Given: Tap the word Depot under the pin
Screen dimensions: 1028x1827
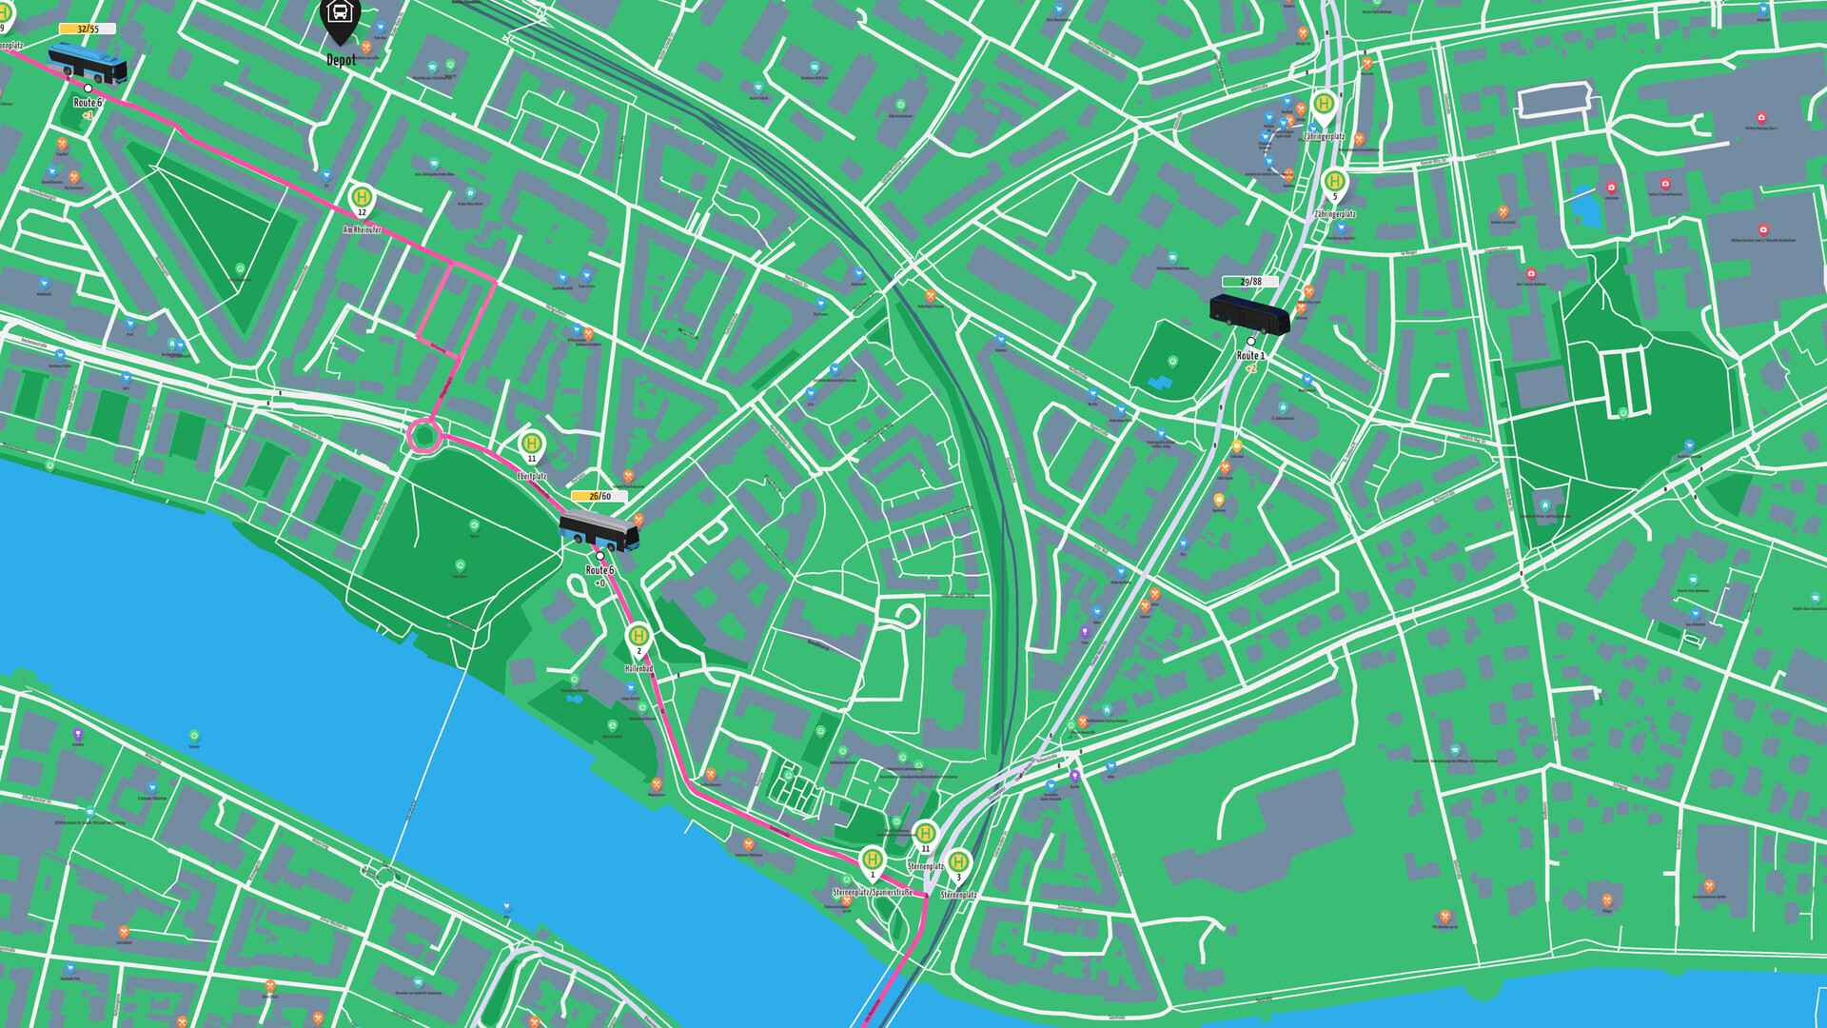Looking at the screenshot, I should (x=341, y=60).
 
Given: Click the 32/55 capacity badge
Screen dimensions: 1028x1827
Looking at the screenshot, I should (x=87, y=29).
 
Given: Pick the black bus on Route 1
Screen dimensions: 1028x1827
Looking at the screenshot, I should (x=1249, y=313).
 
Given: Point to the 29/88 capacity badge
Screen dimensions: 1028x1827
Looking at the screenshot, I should (x=1250, y=282).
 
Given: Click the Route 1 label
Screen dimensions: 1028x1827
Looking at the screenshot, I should (x=1250, y=355).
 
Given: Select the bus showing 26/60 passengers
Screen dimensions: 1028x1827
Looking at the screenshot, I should (x=599, y=531).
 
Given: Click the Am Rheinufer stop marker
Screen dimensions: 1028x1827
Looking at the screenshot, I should (x=362, y=198).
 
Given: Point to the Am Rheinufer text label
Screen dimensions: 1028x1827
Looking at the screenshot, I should (x=363, y=230).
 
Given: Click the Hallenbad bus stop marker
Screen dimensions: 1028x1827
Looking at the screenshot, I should (x=638, y=638).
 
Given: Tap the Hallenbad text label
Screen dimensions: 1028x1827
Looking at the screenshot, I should (x=639, y=669).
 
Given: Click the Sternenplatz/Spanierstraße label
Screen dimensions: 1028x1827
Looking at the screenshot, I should (x=873, y=893).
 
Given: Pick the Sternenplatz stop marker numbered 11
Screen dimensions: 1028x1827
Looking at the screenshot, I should (x=925, y=836).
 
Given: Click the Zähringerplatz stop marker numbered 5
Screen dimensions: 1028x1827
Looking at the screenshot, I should (x=1335, y=183).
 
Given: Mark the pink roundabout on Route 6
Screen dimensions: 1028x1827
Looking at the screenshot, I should (x=423, y=437).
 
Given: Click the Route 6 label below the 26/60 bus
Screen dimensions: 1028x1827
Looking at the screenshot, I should (x=599, y=570).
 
